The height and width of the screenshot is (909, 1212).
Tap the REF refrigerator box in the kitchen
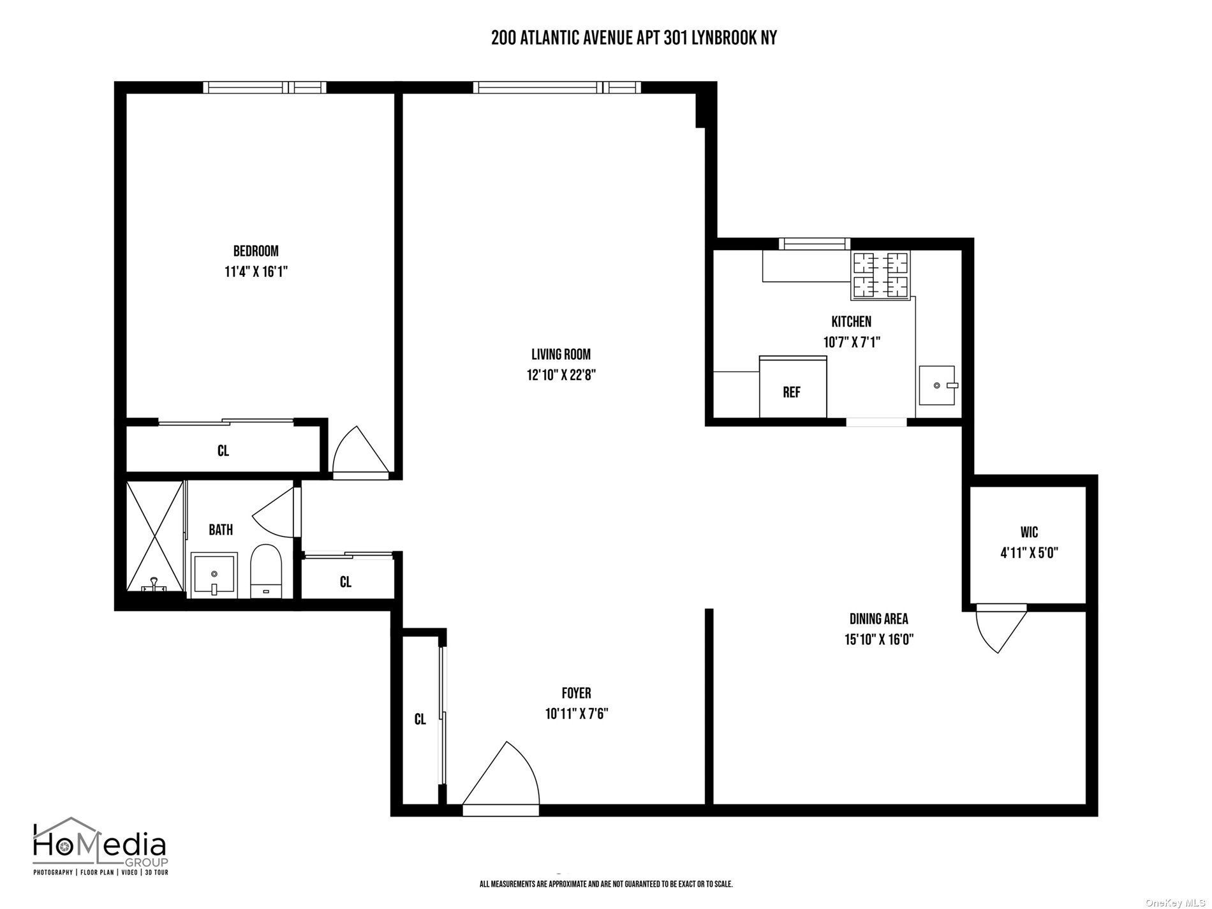click(793, 387)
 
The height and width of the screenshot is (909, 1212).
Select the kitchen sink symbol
click(937, 385)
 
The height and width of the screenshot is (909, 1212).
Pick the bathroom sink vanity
click(214, 575)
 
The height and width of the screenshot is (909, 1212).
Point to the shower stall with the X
click(155, 537)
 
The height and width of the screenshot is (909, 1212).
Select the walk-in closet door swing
click(1000, 628)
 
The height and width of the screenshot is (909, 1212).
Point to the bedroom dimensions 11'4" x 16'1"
click(256, 272)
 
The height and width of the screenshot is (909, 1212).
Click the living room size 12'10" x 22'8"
click(561, 375)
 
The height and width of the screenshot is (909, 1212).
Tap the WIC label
click(1029, 532)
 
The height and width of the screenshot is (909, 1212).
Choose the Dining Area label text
click(879, 618)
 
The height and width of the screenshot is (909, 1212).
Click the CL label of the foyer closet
click(420, 720)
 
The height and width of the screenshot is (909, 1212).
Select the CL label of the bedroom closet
click(223, 451)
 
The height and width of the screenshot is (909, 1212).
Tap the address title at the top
click(634, 38)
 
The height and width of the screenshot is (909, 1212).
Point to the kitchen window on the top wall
click(815, 243)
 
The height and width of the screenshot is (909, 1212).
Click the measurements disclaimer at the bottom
click(606, 884)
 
